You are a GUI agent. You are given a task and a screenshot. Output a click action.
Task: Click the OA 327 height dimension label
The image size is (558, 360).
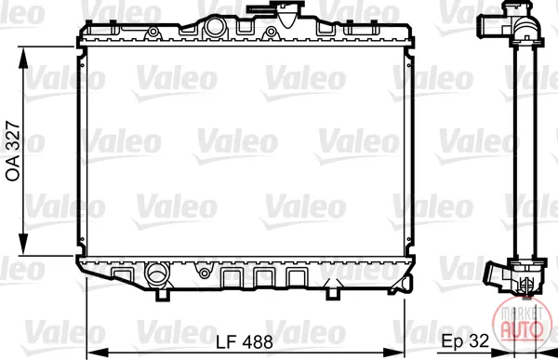tap(13, 152)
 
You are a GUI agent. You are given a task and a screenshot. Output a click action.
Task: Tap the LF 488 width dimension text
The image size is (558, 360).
tap(245, 342)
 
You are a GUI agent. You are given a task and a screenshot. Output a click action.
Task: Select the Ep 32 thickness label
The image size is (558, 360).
tap(466, 340)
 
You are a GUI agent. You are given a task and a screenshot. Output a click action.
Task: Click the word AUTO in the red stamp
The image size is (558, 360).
tap(522, 328)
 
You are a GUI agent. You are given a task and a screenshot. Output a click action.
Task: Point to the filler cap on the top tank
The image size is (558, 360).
tap(276, 11)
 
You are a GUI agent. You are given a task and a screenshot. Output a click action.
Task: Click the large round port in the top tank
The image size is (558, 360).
tap(215, 26)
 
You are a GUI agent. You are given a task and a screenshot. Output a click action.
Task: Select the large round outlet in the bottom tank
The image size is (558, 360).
tap(156, 274)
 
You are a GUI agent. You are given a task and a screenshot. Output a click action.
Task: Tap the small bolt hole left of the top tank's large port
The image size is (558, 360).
tap(153, 32)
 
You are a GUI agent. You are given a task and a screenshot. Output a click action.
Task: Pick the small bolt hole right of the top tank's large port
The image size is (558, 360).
tap(271, 32)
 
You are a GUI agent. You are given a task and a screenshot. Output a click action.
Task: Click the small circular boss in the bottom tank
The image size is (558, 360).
tap(205, 273)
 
